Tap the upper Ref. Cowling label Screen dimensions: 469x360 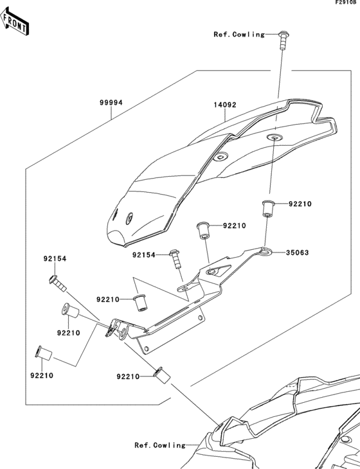(239, 34)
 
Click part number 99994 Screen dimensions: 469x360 (111, 102)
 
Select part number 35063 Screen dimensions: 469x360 (298, 252)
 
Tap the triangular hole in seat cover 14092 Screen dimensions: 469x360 (222, 156)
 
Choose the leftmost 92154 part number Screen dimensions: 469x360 (55, 259)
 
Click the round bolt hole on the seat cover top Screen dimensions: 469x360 (274, 137)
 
